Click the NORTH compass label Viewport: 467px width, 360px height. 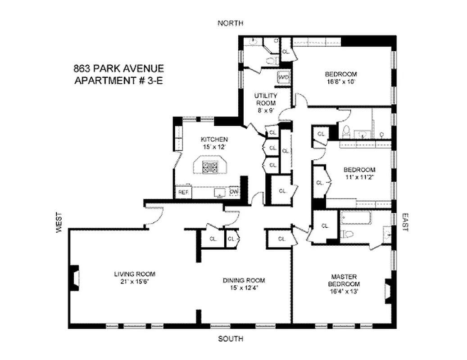point(230,23)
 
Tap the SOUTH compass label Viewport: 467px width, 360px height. point(231,339)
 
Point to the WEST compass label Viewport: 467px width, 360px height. point(59,223)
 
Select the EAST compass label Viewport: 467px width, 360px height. point(404,222)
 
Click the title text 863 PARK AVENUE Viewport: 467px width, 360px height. point(118,69)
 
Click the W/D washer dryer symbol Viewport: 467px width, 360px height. point(284,77)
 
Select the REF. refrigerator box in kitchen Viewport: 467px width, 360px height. point(183,192)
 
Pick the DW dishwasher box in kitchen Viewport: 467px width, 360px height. point(234,192)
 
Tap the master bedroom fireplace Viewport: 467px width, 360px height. point(389,290)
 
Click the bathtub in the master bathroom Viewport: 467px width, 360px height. point(356,220)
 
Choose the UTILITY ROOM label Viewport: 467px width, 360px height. point(266,99)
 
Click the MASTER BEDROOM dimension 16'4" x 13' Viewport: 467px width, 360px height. point(345,291)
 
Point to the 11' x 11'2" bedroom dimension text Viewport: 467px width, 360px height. point(359,177)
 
